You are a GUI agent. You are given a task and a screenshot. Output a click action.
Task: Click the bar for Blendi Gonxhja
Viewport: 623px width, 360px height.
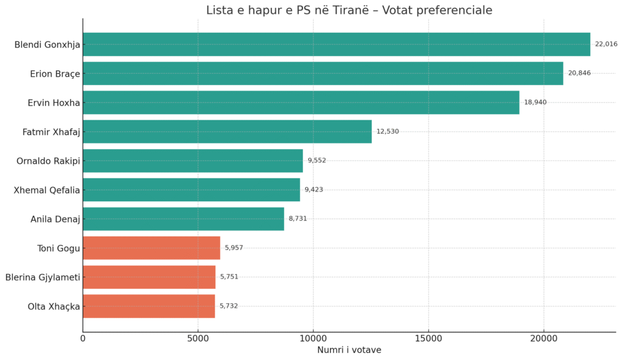click(x=336, y=44)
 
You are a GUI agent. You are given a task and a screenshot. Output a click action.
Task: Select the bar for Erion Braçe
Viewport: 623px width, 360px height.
click(x=323, y=74)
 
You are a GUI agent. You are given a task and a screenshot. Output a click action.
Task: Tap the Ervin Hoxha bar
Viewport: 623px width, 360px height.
click(x=301, y=103)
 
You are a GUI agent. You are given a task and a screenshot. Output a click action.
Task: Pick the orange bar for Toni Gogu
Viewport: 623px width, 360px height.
click(x=151, y=248)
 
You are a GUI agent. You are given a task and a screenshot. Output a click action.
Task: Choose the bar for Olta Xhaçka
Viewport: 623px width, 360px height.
click(x=149, y=306)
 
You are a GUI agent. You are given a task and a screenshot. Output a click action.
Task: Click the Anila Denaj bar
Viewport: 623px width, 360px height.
click(x=183, y=219)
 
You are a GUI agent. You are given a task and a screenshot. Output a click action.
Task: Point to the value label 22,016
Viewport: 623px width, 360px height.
click(x=606, y=44)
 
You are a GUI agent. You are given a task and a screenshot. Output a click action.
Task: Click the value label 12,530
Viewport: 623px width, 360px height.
click(x=388, y=131)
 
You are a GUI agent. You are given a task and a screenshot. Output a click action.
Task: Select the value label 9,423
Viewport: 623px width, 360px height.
click(x=314, y=190)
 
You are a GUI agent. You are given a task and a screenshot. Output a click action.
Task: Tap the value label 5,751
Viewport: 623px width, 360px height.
click(x=229, y=277)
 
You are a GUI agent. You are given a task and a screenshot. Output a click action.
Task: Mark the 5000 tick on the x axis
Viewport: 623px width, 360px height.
click(x=198, y=338)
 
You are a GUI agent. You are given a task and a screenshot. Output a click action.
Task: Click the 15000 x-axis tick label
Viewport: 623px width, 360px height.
click(x=428, y=338)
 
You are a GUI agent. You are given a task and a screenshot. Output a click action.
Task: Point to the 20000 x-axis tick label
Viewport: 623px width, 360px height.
click(x=544, y=338)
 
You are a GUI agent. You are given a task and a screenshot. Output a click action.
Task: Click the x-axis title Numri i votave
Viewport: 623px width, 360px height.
click(x=349, y=350)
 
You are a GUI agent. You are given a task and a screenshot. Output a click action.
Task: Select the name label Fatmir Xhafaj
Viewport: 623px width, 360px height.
click(x=51, y=132)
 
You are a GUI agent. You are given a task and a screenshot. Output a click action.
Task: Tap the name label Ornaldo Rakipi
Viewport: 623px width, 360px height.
click(x=48, y=161)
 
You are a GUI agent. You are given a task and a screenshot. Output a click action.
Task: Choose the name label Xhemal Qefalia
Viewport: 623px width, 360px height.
click(x=47, y=190)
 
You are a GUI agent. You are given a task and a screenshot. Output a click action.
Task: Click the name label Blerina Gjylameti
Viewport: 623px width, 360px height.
click(x=43, y=277)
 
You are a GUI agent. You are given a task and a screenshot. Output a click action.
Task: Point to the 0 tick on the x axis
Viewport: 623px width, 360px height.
click(x=83, y=338)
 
